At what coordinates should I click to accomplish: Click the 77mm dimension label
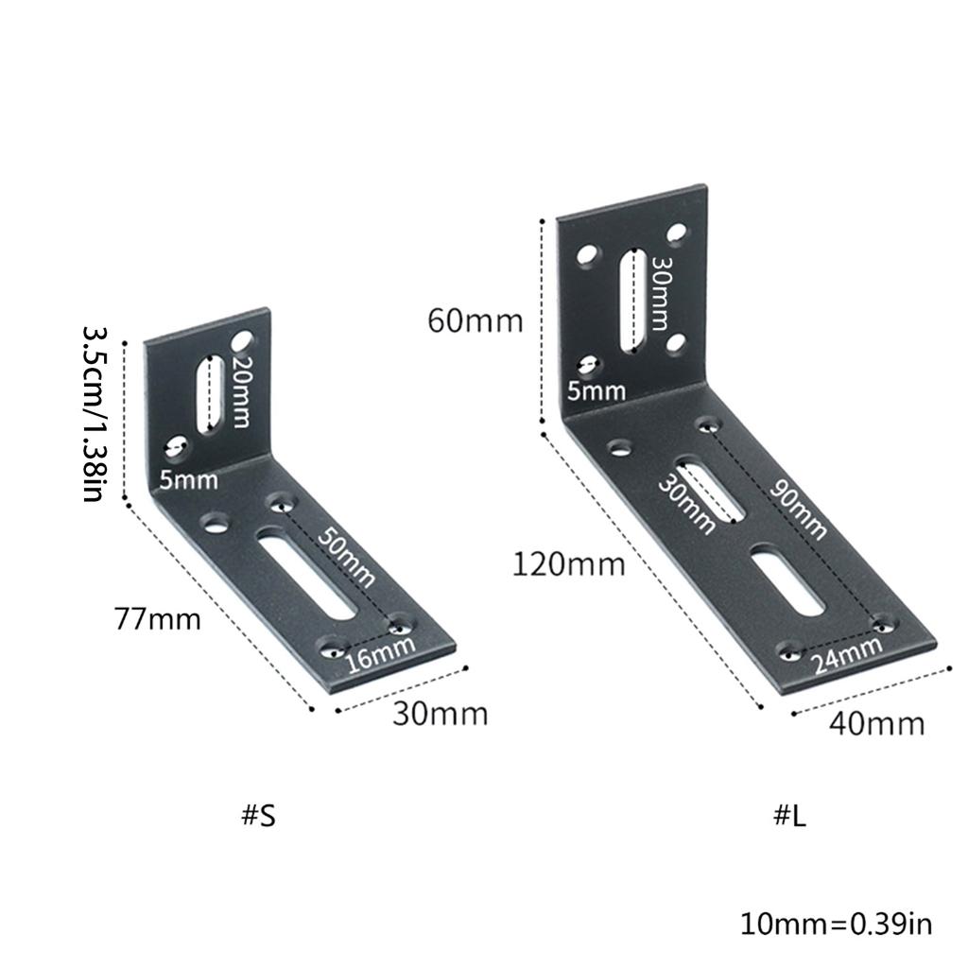pyautogui.click(x=158, y=619)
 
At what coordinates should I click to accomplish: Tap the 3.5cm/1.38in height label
pyautogui.click(x=95, y=414)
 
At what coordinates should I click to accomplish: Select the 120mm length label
pyautogui.click(x=568, y=565)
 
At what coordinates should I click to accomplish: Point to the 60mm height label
pyautogui.click(x=475, y=321)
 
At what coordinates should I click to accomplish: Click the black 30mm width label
pyautogui.click(x=441, y=715)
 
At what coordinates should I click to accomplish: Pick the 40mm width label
pyautogui.click(x=876, y=723)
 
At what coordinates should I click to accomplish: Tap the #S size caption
pyautogui.click(x=258, y=816)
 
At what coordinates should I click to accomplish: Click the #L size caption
pyautogui.click(x=789, y=816)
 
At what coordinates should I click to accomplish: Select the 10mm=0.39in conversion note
pyautogui.click(x=836, y=925)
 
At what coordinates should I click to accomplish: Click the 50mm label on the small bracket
pyautogui.click(x=346, y=558)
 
